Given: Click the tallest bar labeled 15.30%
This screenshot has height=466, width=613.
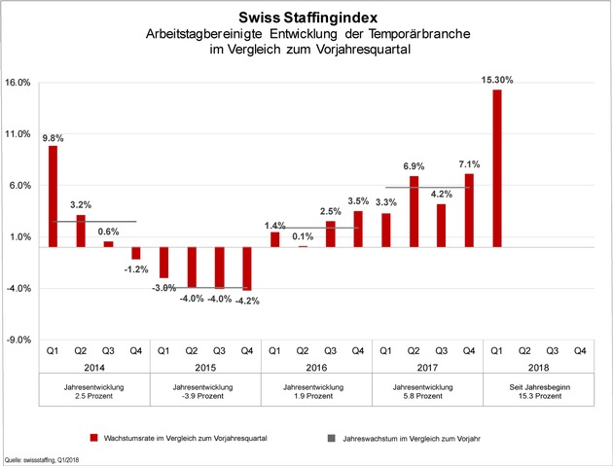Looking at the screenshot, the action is pos(497,168).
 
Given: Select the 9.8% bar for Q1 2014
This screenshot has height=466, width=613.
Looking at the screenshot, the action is pos(53,197).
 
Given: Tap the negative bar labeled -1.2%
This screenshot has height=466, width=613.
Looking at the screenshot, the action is pos(136,253).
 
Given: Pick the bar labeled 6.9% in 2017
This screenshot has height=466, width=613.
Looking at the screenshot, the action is pos(414,211).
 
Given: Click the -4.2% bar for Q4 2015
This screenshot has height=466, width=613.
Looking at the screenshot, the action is pos(247,269).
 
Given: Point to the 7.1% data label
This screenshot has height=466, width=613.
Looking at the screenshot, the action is pos(469,164).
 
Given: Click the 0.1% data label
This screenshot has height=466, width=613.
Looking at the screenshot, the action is pos(303,236).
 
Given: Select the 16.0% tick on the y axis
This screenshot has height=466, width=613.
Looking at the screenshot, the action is pos(18,83).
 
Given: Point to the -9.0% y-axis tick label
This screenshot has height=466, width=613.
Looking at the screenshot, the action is pos(18,340).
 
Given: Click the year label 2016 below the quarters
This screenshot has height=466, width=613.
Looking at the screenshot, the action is pos(316,368).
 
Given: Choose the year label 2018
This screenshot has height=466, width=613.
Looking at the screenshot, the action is pos(538,368).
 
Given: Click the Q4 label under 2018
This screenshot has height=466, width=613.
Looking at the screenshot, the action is pos(580,350).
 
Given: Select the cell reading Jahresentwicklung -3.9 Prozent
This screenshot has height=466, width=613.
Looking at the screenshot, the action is pos(203,391).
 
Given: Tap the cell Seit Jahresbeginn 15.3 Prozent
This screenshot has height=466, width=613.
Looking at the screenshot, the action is pos(539,391).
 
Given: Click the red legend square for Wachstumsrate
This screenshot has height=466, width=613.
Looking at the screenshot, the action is pos(93,438).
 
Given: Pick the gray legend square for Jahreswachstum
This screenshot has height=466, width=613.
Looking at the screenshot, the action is pos(332,438).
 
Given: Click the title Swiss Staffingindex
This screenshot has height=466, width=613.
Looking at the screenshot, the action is pos(308,18).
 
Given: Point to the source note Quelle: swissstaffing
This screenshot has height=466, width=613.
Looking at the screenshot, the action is pos(42,460).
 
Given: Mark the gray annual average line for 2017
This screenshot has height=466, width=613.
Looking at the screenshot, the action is pos(428,187).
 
